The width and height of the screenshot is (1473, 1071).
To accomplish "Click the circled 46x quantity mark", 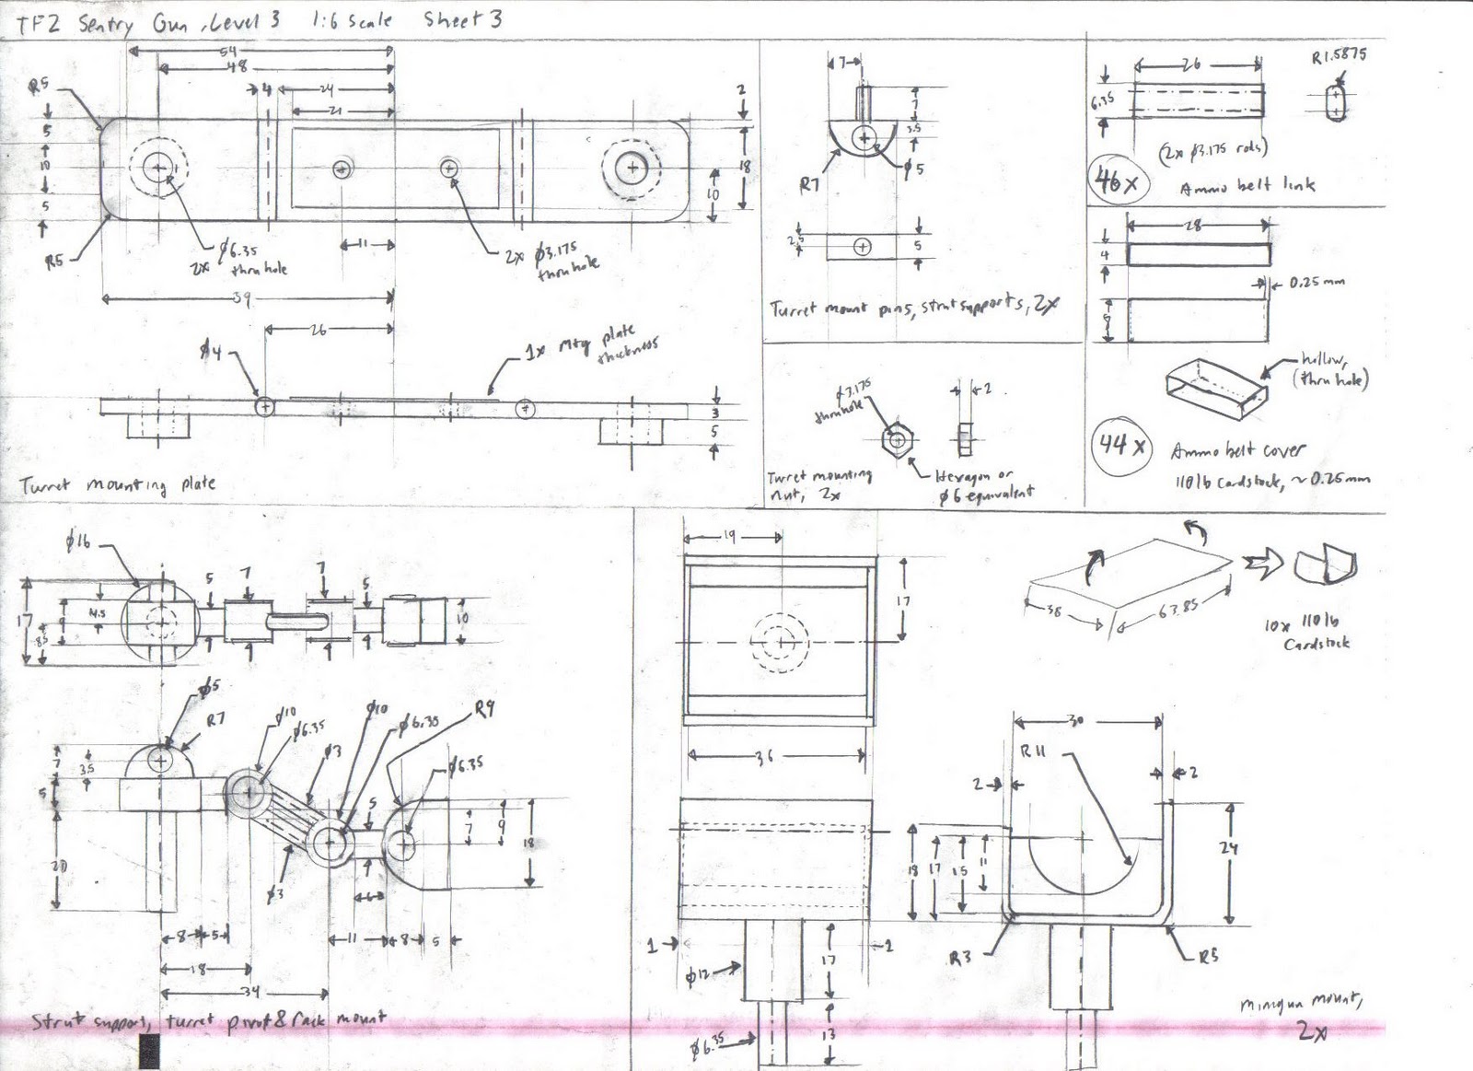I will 1116,180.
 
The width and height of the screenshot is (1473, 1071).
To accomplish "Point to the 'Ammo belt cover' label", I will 1237,450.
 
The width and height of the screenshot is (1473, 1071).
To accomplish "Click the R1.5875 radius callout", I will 1339,57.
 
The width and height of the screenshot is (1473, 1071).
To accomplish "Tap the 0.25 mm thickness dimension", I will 1317,282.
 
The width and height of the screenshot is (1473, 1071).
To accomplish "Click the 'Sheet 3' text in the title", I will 463,19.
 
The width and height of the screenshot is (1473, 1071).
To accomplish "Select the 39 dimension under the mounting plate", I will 241,297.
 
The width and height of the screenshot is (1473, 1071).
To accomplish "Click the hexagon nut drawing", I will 894,438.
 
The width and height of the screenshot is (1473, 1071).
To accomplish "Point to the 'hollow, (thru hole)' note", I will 1333,368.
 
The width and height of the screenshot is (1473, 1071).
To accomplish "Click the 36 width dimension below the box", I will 764,757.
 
